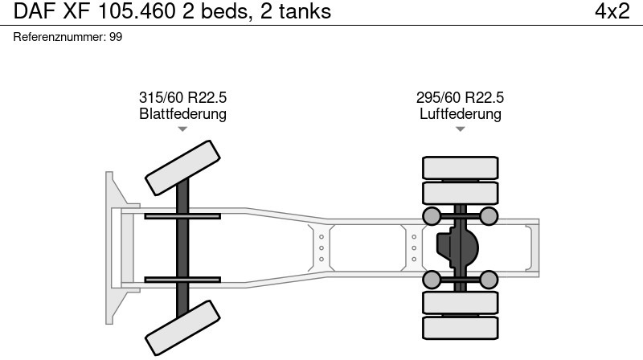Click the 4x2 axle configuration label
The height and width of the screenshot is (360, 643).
[612, 11]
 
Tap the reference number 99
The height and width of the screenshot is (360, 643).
[116, 37]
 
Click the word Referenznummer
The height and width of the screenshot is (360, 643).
[60, 37]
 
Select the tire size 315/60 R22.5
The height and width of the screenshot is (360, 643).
[183, 97]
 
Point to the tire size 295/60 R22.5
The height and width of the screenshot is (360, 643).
[460, 97]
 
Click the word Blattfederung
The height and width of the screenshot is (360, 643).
[183, 113]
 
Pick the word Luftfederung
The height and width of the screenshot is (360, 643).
[460, 113]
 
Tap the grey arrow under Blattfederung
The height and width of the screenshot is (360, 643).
[182, 129]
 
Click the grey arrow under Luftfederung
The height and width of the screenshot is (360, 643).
[460, 129]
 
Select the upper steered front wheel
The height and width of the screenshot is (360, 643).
[182, 168]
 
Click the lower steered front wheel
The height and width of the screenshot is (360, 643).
[182, 328]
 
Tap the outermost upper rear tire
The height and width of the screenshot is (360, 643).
[460, 168]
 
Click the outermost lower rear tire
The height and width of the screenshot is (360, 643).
[460, 328]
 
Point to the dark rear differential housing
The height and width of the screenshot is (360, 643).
[457, 247]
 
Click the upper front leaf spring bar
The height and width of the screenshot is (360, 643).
[182, 216]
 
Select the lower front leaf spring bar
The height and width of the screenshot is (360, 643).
[182, 280]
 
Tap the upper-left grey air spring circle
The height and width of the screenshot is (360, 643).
[432, 216]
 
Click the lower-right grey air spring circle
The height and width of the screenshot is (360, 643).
[489, 280]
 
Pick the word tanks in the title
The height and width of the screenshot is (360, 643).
[305, 11]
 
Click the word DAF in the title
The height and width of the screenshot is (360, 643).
[35, 11]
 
